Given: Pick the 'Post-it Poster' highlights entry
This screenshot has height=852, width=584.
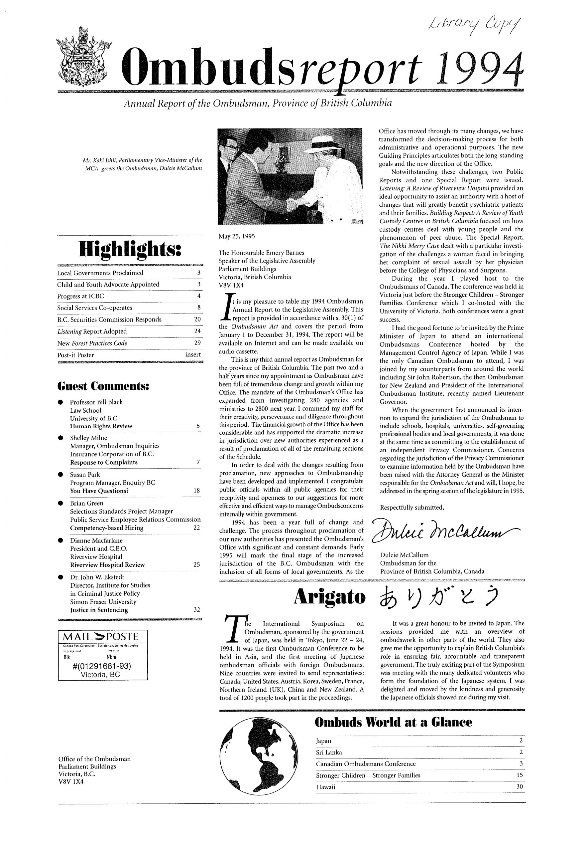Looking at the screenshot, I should click(76, 355).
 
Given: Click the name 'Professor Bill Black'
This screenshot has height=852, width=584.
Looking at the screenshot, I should click(96, 402).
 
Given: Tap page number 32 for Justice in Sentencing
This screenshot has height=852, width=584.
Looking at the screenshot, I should click(197, 610).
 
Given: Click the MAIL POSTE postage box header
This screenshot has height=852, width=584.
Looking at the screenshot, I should click(102, 635).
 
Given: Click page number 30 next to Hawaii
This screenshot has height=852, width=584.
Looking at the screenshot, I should click(520, 787).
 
